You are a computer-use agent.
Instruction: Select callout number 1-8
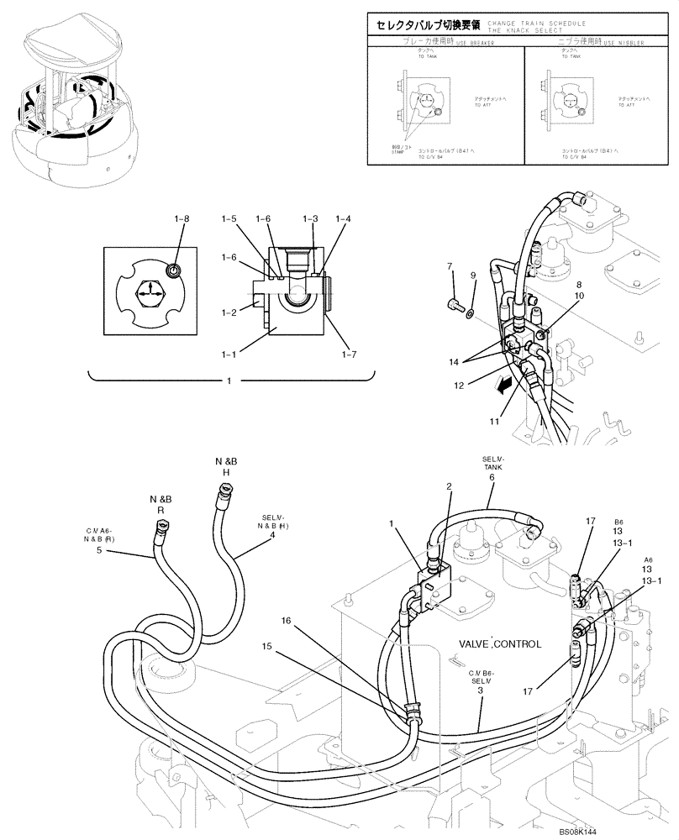click(x=182, y=219)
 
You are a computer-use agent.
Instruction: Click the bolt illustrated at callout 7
click(x=456, y=305)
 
